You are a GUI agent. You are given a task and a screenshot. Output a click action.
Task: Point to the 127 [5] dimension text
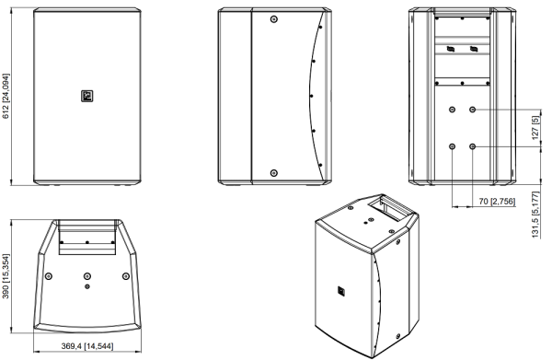535,127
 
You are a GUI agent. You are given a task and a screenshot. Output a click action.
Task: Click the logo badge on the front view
87,96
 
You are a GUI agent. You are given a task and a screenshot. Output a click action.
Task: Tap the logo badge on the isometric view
341,291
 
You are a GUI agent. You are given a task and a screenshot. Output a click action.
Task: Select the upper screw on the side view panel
274,19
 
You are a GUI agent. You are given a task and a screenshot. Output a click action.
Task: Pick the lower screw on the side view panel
274,173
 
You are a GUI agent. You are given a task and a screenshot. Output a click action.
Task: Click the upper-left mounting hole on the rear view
453,110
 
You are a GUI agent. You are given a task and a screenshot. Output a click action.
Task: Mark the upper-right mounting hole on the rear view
473,110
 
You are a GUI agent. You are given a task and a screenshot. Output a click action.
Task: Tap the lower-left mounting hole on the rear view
453,146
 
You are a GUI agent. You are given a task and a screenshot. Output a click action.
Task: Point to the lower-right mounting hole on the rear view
473,146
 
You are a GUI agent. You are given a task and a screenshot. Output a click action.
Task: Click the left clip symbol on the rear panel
450,49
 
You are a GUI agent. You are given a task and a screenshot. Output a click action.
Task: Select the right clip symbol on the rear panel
474,49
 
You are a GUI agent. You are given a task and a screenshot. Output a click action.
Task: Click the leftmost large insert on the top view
49,276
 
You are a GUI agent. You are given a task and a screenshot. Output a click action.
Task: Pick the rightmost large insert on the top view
126,276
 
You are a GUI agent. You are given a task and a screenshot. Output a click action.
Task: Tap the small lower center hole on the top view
87,286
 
